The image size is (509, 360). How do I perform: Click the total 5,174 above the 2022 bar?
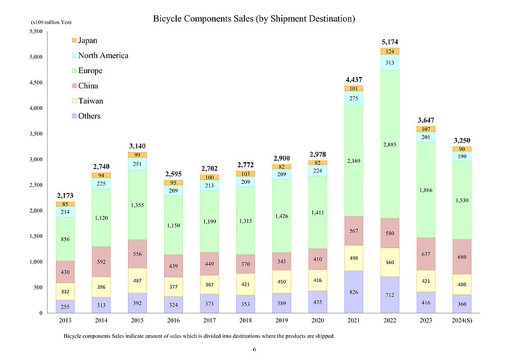[390, 42]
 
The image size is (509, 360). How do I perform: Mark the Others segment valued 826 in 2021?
[354, 292]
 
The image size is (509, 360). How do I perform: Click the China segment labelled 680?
[463, 257]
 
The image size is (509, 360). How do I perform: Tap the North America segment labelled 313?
[390, 62]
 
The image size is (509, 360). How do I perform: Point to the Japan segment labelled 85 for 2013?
[65, 204]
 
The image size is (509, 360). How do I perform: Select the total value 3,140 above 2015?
[137, 146]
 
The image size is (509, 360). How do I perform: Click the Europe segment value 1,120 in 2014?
[101, 218]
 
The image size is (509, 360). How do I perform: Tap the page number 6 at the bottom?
[254, 349]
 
